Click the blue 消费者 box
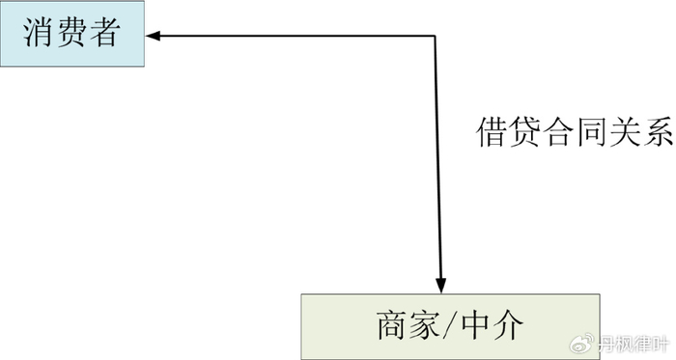point(71,34)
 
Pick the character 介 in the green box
point(513,325)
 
